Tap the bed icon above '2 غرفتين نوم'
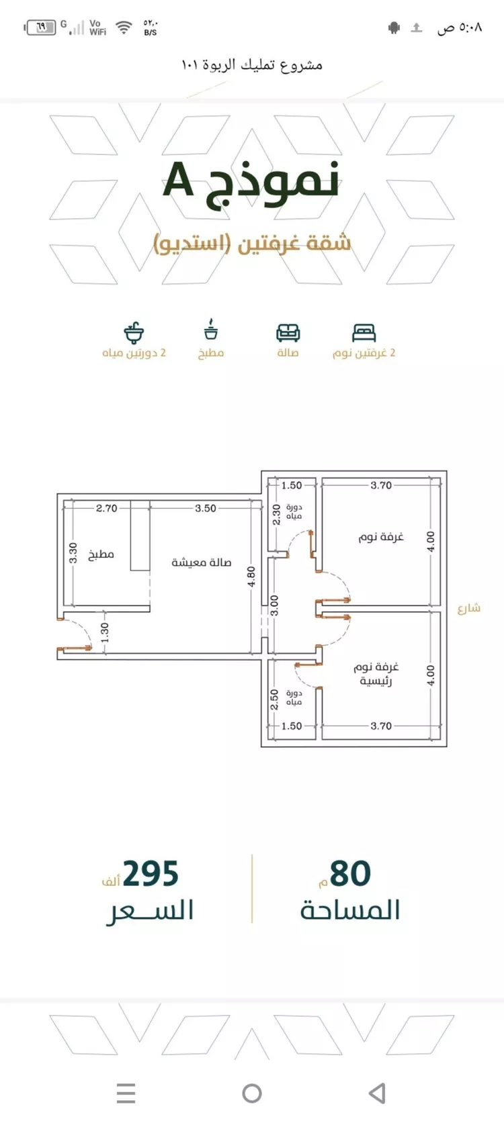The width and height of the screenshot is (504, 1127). [x=364, y=332]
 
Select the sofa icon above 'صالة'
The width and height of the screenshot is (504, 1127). [x=288, y=332]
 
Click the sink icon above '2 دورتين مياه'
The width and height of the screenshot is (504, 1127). [x=134, y=332]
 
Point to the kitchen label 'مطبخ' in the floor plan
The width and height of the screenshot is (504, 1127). [x=101, y=554]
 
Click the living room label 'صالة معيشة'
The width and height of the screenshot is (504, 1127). [x=202, y=562]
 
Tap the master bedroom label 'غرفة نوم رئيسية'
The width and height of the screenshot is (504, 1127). [x=376, y=674]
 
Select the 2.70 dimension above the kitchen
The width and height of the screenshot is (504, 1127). [x=107, y=508]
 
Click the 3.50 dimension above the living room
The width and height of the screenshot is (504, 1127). [x=206, y=508]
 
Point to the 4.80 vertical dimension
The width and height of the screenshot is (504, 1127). [x=251, y=577]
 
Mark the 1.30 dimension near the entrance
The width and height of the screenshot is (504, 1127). [x=105, y=632]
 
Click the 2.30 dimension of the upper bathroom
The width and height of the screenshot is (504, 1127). [x=276, y=515]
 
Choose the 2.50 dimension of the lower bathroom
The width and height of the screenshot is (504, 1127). [x=274, y=699]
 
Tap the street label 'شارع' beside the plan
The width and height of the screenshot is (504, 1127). [x=469, y=609]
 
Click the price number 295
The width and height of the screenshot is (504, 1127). [x=151, y=873]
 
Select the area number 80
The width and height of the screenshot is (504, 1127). [x=350, y=873]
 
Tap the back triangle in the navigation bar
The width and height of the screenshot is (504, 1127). [x=378, y=1093]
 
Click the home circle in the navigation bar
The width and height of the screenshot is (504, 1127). [x=252, y=1093]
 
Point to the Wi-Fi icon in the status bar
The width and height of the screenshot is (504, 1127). [x=124, y=27]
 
